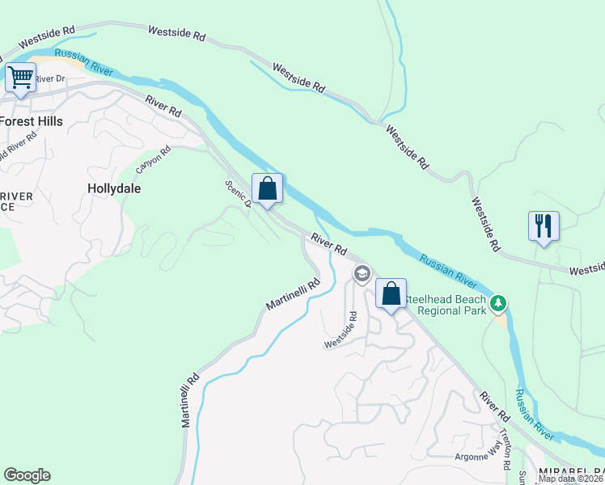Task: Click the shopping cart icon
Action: [x=20, y=78]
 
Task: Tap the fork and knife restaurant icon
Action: [x=544, y=226]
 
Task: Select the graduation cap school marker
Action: [x=362, y=275]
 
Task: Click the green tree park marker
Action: [x=500, y=303]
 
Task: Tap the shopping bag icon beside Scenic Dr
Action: [x=268, y=189]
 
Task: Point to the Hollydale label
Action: [x=113, y=188]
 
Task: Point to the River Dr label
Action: [x=49, y=78]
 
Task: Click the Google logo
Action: [x=26, y=475]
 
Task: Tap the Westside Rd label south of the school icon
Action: [x=341, y=331]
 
